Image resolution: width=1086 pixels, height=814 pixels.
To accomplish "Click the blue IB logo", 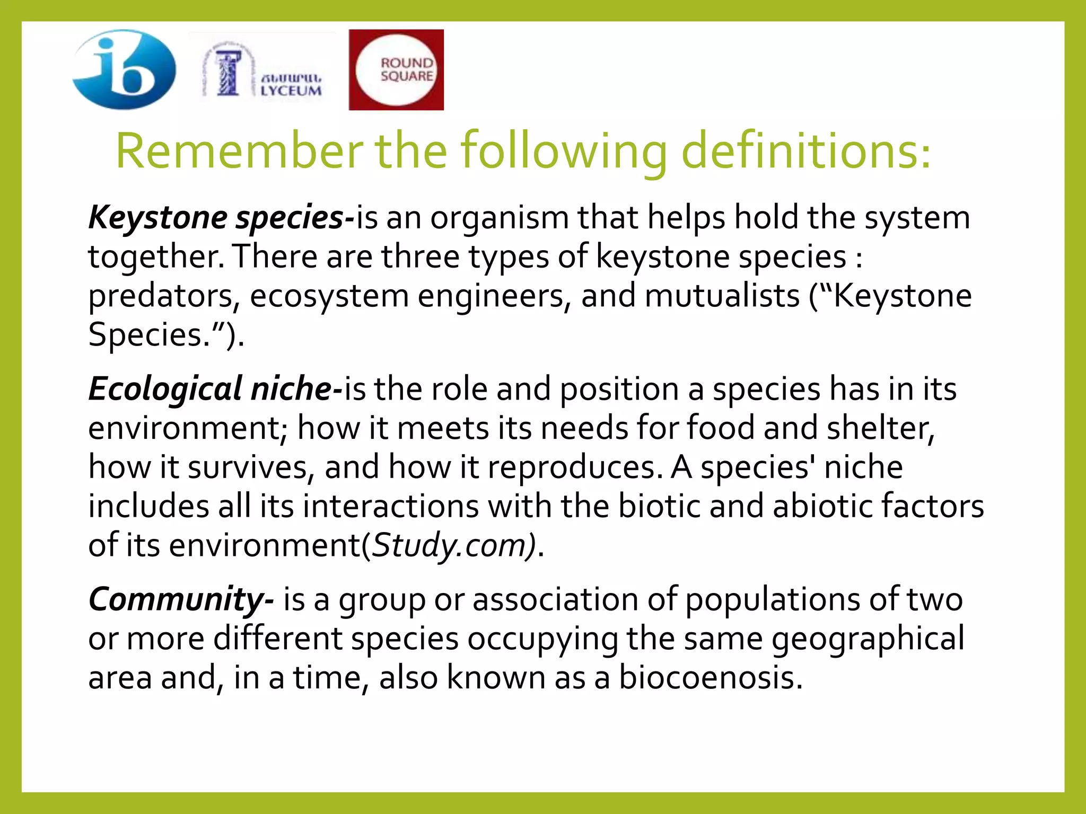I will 124,69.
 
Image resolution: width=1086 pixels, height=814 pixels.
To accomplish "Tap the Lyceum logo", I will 263,70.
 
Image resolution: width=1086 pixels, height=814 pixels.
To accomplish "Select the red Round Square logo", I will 396,69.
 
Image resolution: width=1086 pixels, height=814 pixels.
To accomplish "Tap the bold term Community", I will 181,599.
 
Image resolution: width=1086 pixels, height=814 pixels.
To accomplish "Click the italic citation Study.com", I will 453,545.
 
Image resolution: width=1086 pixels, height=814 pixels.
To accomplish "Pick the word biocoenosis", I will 711,678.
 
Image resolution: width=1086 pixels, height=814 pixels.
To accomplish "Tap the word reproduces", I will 575,467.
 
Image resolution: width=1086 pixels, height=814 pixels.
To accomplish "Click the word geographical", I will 868,639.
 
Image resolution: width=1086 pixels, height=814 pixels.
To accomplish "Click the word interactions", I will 391,506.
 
